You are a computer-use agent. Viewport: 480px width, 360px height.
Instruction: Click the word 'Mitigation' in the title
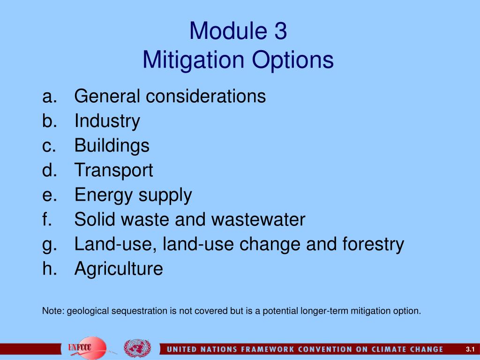192,60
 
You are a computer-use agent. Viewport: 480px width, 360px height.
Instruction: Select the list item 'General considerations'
170,97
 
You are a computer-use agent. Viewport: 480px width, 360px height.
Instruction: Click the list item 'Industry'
107,121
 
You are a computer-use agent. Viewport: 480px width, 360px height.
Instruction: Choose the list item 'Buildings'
112,146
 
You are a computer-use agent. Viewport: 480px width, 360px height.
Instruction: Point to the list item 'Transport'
114,170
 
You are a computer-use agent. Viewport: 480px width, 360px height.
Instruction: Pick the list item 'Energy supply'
133,195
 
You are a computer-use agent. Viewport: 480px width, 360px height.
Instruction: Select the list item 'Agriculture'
119,269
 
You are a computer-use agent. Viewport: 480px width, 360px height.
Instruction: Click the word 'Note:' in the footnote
53,311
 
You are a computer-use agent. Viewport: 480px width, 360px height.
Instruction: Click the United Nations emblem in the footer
137,348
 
